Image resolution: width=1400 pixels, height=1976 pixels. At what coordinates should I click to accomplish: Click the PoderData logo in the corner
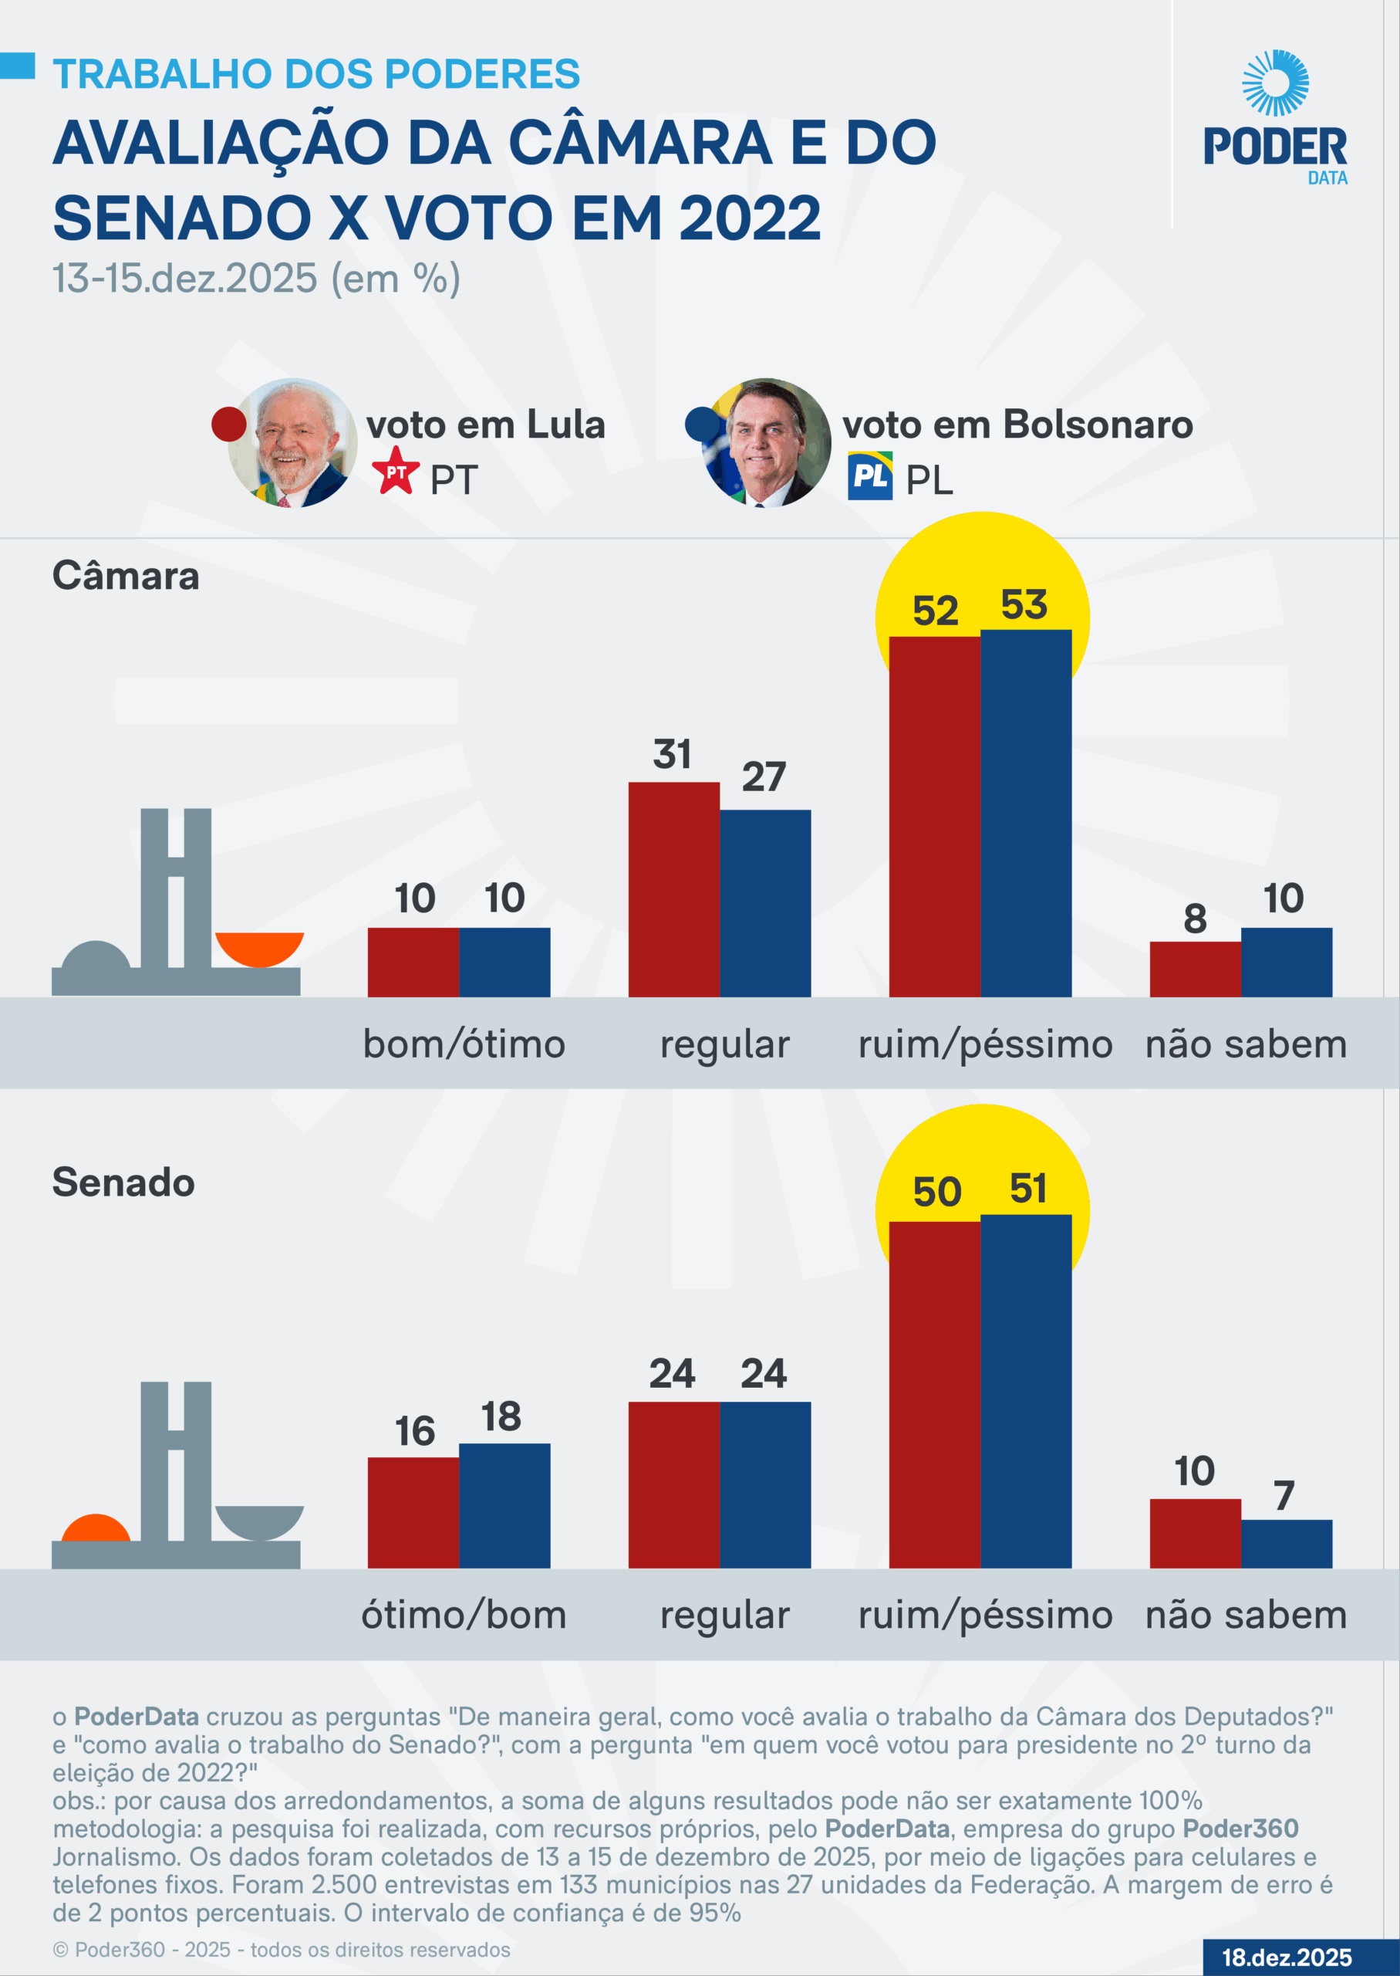point(1274,117)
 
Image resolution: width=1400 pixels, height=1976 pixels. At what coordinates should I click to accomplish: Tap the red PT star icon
point(396,471)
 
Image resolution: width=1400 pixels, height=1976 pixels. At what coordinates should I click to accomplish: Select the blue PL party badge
point(869,476)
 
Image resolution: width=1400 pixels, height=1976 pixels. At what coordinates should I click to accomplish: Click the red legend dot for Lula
point(229,424)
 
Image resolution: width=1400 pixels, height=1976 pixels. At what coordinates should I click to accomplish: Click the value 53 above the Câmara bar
point(1024,604)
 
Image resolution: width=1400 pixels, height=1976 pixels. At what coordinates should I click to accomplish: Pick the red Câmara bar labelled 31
point(673,889)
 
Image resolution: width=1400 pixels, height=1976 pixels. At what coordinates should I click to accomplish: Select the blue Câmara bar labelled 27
point(765,903)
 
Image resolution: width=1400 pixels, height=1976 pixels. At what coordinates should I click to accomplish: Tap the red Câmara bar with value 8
point(1195,969)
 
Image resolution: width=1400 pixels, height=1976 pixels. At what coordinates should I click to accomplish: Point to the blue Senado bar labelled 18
point(504,1505)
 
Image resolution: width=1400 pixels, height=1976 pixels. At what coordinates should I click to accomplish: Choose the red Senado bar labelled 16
point(413,1512)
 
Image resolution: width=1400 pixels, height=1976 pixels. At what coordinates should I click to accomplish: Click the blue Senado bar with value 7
point(1286,1543)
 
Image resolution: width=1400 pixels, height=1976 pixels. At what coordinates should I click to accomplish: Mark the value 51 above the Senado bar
point(1027,1189)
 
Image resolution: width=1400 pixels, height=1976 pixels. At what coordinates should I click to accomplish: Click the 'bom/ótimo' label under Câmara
point(464,1044)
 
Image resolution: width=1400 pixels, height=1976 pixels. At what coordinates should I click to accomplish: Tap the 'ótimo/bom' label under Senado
point(464,1615)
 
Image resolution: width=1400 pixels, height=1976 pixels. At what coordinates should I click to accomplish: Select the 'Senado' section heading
point(123,1182)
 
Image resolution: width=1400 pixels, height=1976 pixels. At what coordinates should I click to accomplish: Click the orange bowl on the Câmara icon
point(259,947)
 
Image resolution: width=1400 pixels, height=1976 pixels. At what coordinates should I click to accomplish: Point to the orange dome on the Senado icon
point(96,1528)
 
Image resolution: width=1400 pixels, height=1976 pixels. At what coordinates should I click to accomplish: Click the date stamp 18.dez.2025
point(1286,1957)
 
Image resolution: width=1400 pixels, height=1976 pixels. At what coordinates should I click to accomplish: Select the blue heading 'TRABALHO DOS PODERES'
point(316,74)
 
